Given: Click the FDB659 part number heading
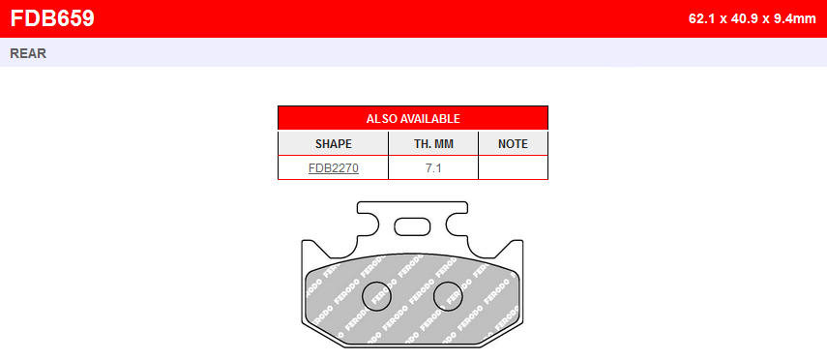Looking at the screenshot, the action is (x=52, y=18).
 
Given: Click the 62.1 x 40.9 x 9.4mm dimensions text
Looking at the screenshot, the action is (x=753, y=19).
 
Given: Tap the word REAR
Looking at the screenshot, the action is (x=28, y=53).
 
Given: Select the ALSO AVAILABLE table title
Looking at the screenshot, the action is (x=413, y=119).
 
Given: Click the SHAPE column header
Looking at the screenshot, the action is (x=334, y=144).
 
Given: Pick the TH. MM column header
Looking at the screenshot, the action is (x=433, y=144).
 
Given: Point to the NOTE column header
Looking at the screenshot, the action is (x=513, y=144).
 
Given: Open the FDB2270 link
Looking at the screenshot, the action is (x=334, y=168).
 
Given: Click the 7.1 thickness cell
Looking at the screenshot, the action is (x=433, y=168).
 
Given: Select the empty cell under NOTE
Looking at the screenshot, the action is (x=514, y=167).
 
